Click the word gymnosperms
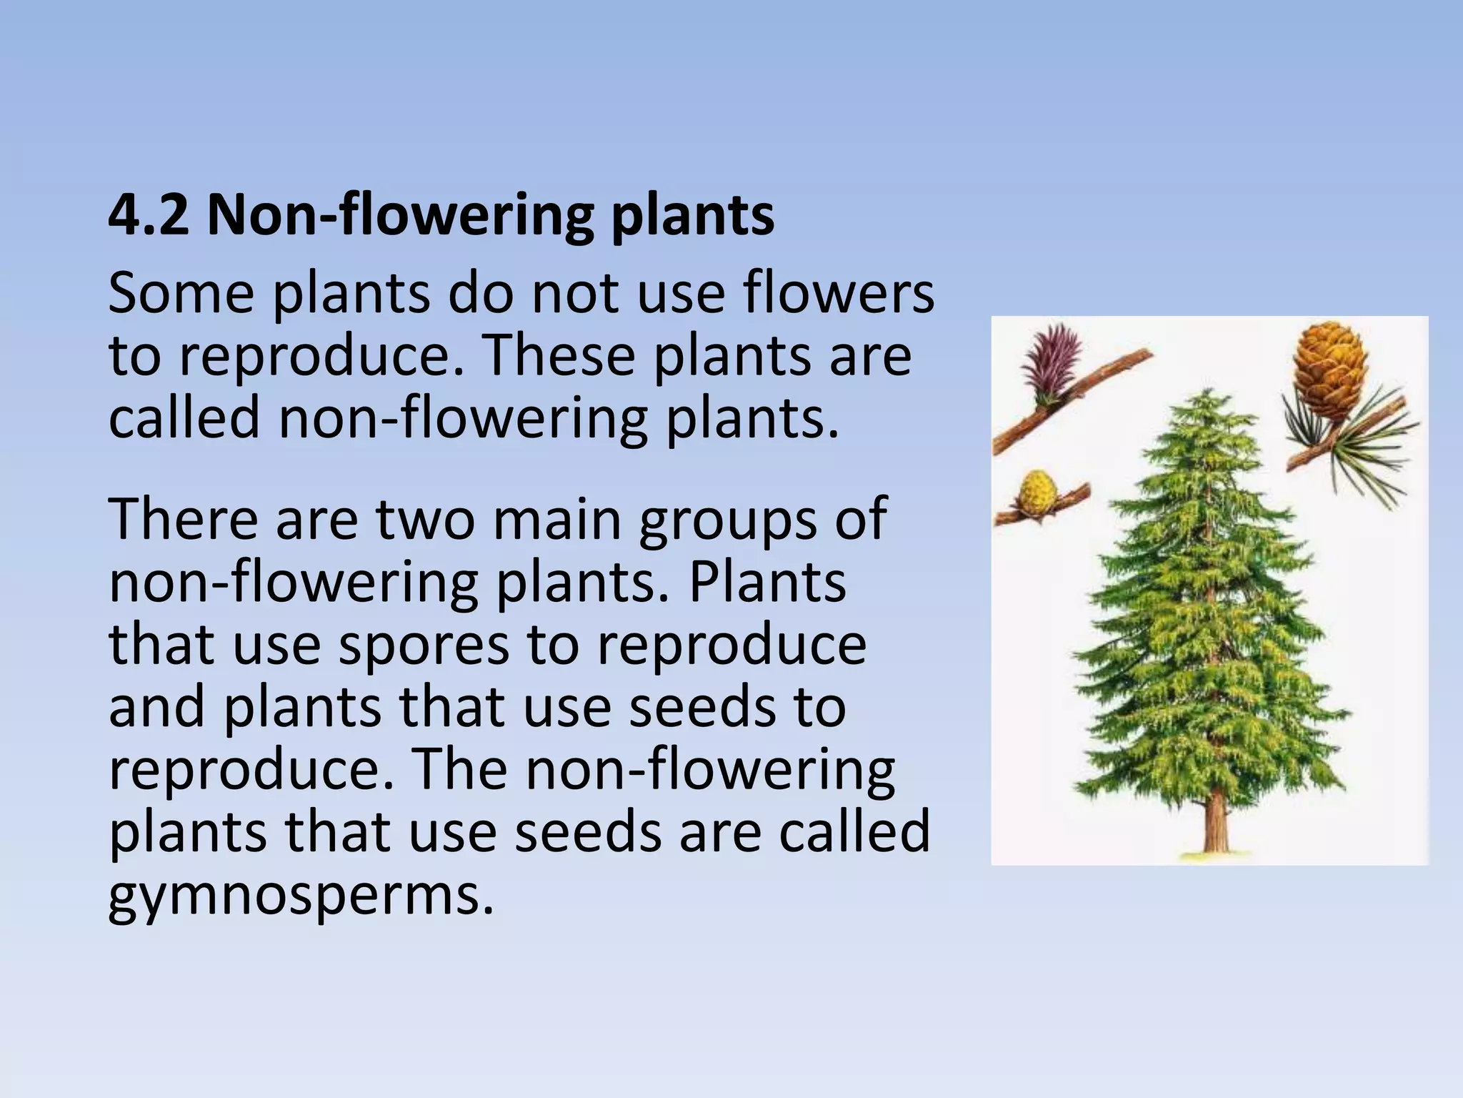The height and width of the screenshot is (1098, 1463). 301,896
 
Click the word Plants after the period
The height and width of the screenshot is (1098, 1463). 767,583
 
